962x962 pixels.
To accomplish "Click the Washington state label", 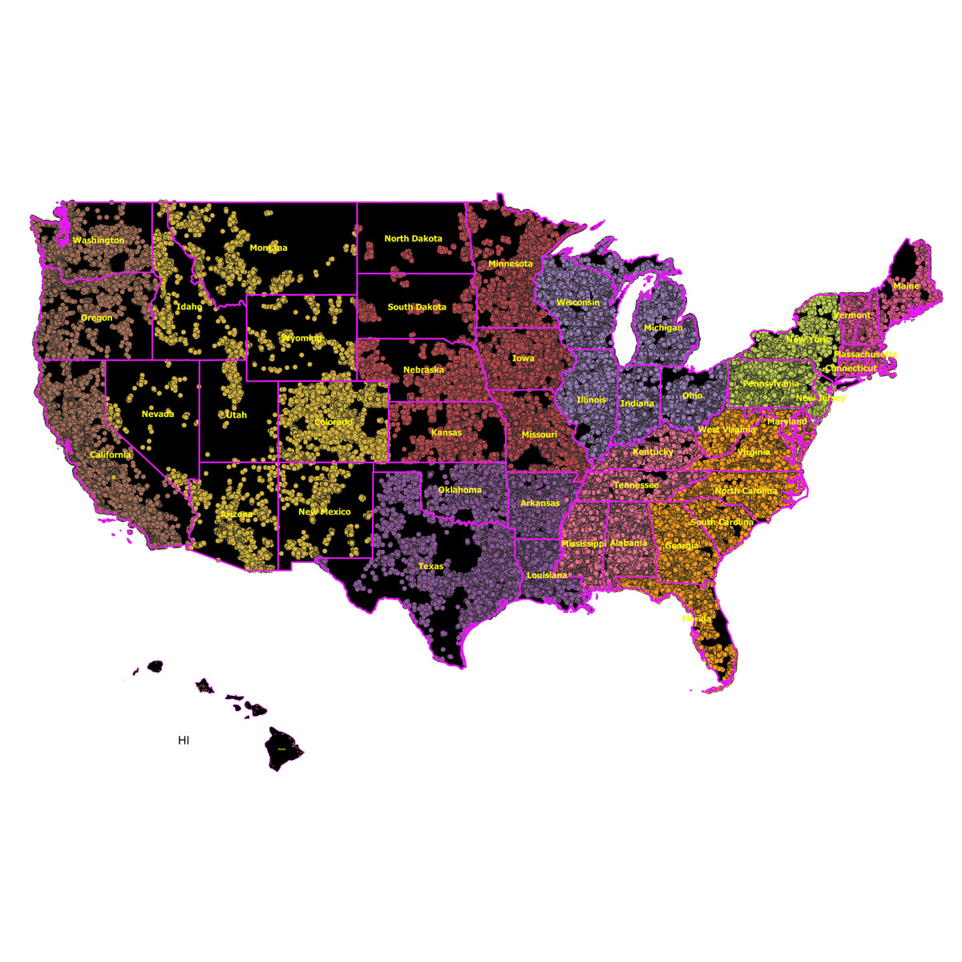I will click(99, 240).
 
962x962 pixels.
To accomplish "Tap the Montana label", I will click(268, 249).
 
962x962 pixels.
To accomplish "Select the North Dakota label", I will click(413, 239).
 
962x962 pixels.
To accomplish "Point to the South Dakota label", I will click(417, 307).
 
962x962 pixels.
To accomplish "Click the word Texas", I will click(430, 567).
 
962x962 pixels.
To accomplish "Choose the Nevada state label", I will click(157, 414).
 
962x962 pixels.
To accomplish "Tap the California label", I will click(110, 455).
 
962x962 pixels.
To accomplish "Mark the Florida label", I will click(696, 619).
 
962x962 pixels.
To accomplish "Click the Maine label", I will click(906, 286).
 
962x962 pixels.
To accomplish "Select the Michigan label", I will click(663, 328).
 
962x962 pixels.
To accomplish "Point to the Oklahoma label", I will click(460, 491).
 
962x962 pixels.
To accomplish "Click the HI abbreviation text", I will click(184, 741).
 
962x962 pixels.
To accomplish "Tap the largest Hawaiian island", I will click(282, 748).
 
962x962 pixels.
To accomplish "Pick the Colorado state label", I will click(333, 422).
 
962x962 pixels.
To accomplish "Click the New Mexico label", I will click(324, 512).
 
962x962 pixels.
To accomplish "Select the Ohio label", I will click(692, 396).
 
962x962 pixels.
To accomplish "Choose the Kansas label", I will click(447, 433).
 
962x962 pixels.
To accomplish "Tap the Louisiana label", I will click(546, 576).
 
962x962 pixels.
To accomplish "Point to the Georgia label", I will click(681, 546).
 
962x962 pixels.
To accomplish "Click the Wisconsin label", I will click(578, 303).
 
